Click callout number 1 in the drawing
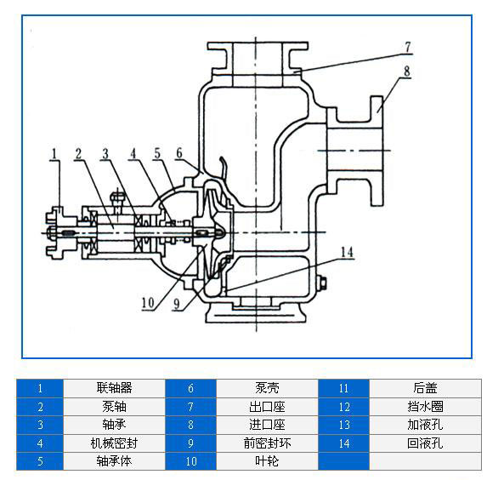[54, 154]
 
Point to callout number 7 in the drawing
[407, 46]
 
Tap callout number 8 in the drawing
[407, 72]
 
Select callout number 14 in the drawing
[346, 252]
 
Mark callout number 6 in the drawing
[179, 154]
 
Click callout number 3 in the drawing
[105, 154]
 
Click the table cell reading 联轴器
[114, 387]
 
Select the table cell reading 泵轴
[114, 406]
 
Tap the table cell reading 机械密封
[114, 443]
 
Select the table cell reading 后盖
[425, 387]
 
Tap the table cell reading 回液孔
[425, 443]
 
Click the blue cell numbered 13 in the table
[343, 424]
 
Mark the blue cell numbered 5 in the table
[39, 461]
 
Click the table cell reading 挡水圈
[425, 406]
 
